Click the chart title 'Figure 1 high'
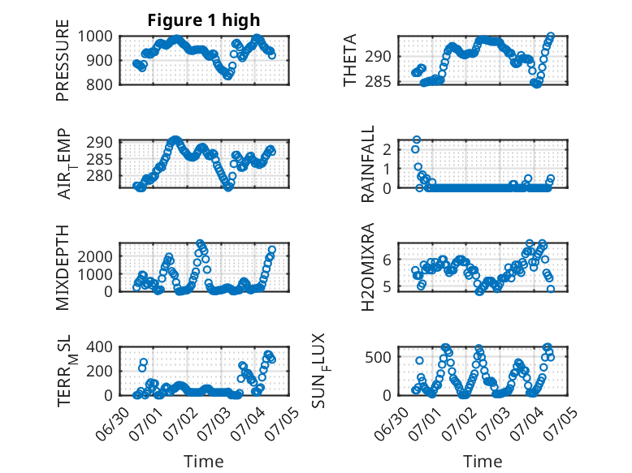click(x=204, y=20)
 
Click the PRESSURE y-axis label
click(x=63, y=60)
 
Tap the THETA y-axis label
click(x=350, y=60)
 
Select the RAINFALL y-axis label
click(x=368, y=164)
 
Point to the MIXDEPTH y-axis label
click(x=63, y=268)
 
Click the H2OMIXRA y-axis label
click(x=368, y=267)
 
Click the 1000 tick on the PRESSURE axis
click(x=95, y=37)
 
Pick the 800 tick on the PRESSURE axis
click(x=100, y=84)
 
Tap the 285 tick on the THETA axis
click(x=379, y=82)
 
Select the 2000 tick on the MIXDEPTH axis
click(x=95, y=256)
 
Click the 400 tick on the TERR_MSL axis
click(x=100, y=346)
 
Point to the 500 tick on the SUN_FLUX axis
click(x=379, y=357)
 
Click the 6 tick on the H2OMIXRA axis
click(x=387, y=260)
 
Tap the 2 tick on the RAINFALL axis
click(x=387, y=150)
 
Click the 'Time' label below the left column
click(x=204, y=461)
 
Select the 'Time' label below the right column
click(x=483, y=461)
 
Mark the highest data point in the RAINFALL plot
click(x=417, y=140)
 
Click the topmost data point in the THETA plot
click(x=551, y=37)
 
